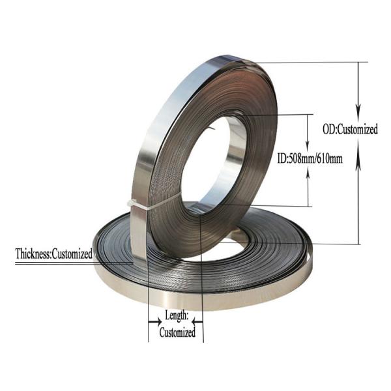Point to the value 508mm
point(302,158)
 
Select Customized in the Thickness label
point(72,253)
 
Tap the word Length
point(175,315)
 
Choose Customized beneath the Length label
point(177,332)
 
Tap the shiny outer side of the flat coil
point(195,297)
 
